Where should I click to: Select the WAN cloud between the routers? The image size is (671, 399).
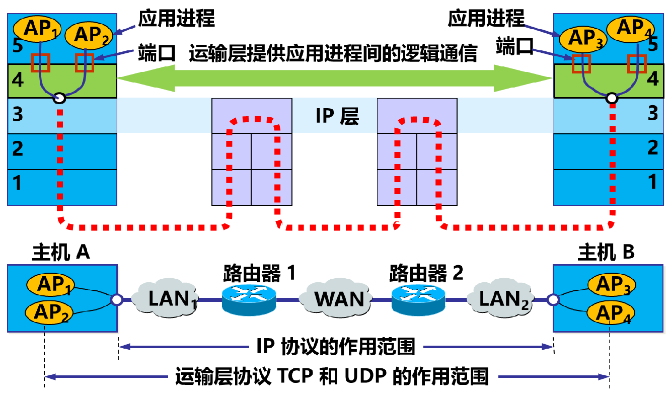click(x=339, y=298)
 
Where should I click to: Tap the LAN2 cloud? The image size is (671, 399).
click(x=503, y=299)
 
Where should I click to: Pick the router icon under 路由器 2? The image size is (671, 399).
click(x=418, y=299)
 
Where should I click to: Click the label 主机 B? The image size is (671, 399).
click(x=606, y=252)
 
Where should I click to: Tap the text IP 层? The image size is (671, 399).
click(x=337, y=116)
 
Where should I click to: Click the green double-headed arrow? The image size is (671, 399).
click(x=334, y=78)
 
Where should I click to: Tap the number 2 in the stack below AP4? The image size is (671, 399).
click(x=652, y=147)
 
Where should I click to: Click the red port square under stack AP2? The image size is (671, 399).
click(x=85, y=62)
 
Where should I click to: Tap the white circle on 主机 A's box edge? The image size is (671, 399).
click(x=117, y=300)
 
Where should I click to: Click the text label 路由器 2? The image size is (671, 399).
click(x=426, y=274)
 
